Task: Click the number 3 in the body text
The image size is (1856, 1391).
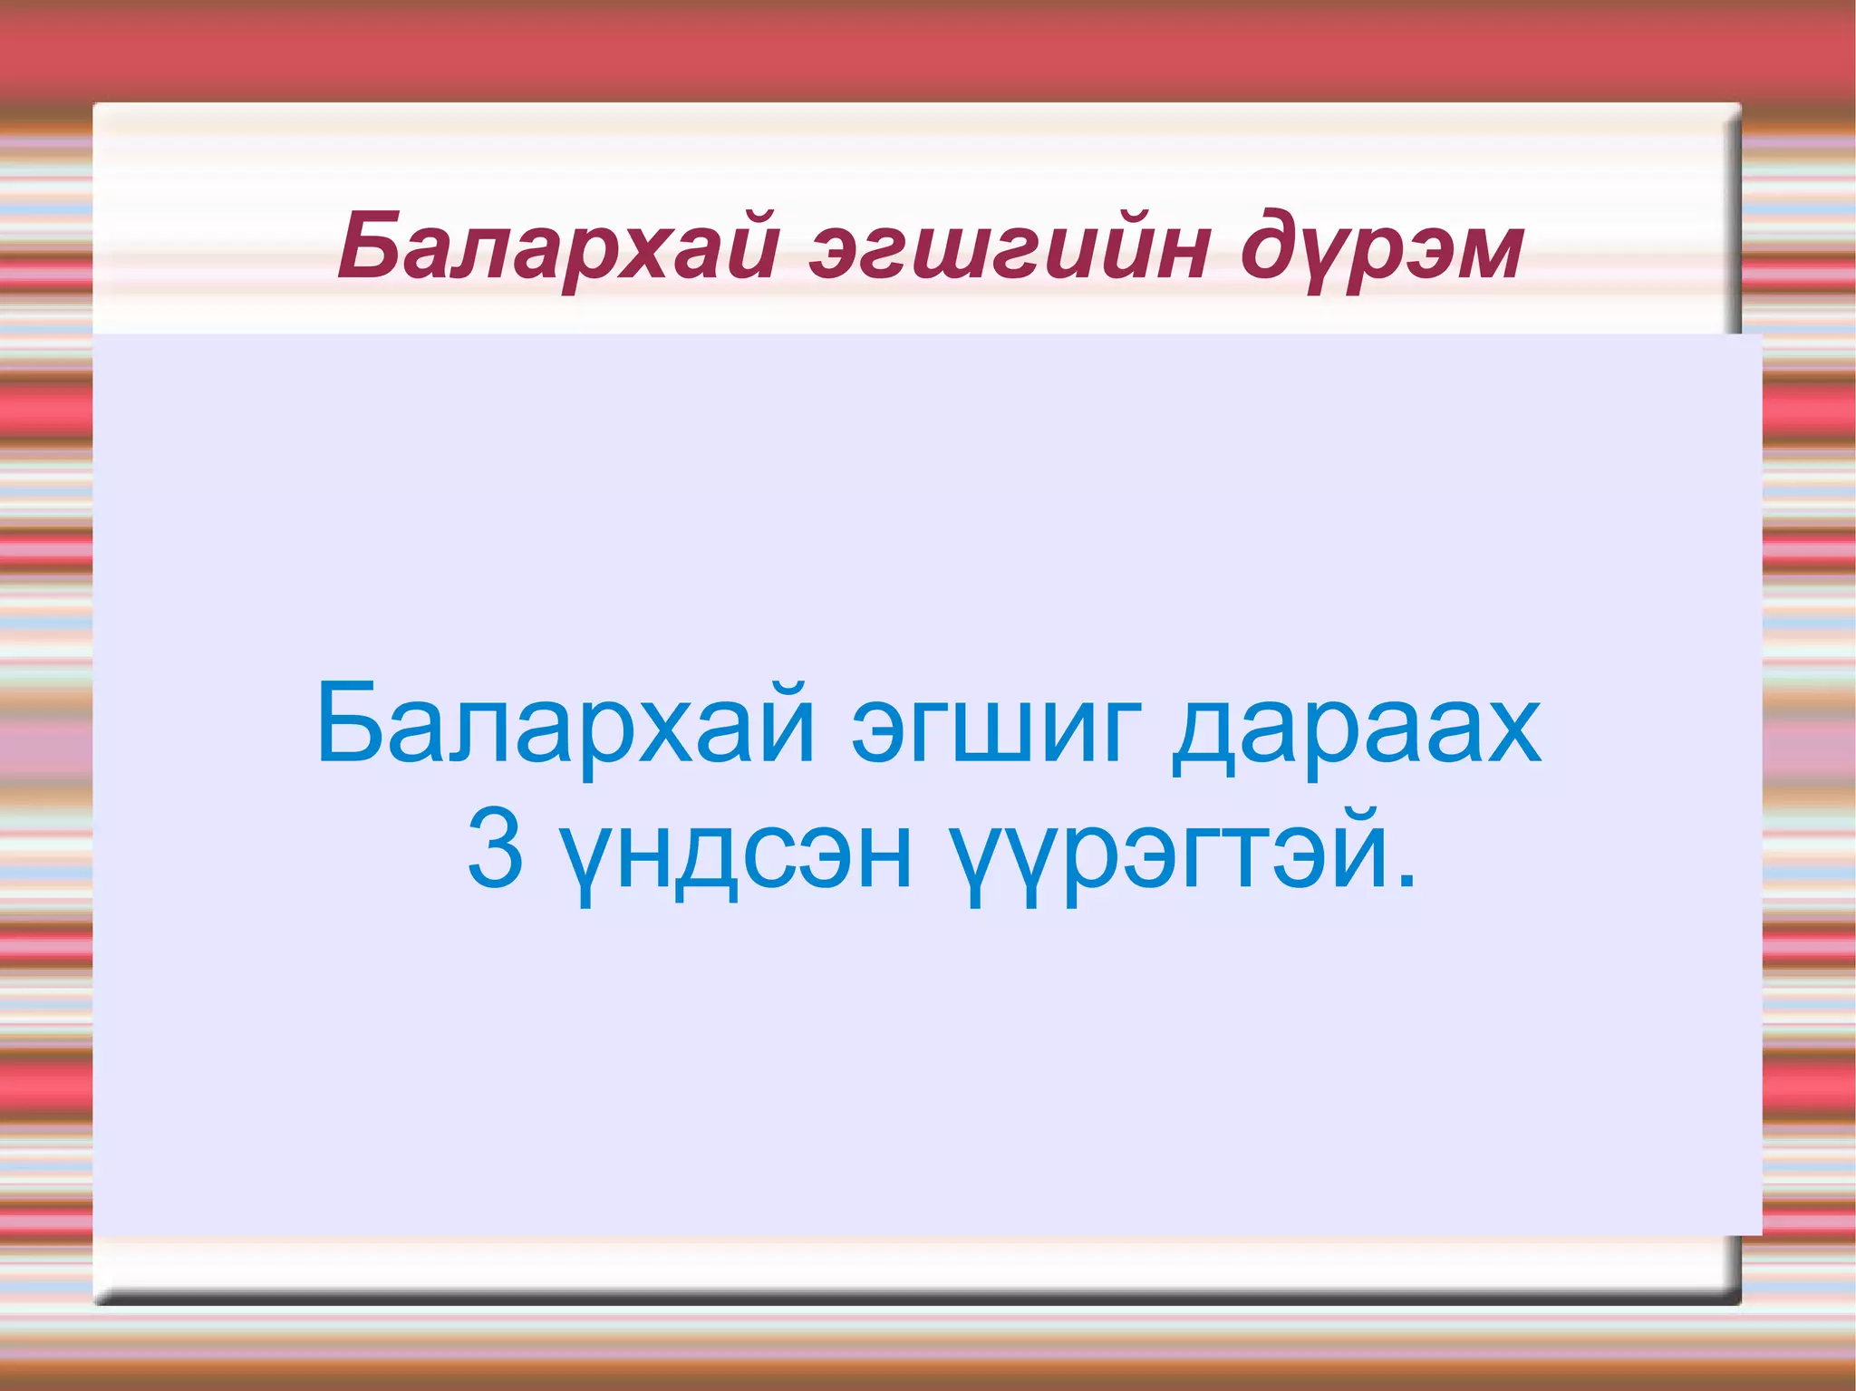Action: [495, 850]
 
